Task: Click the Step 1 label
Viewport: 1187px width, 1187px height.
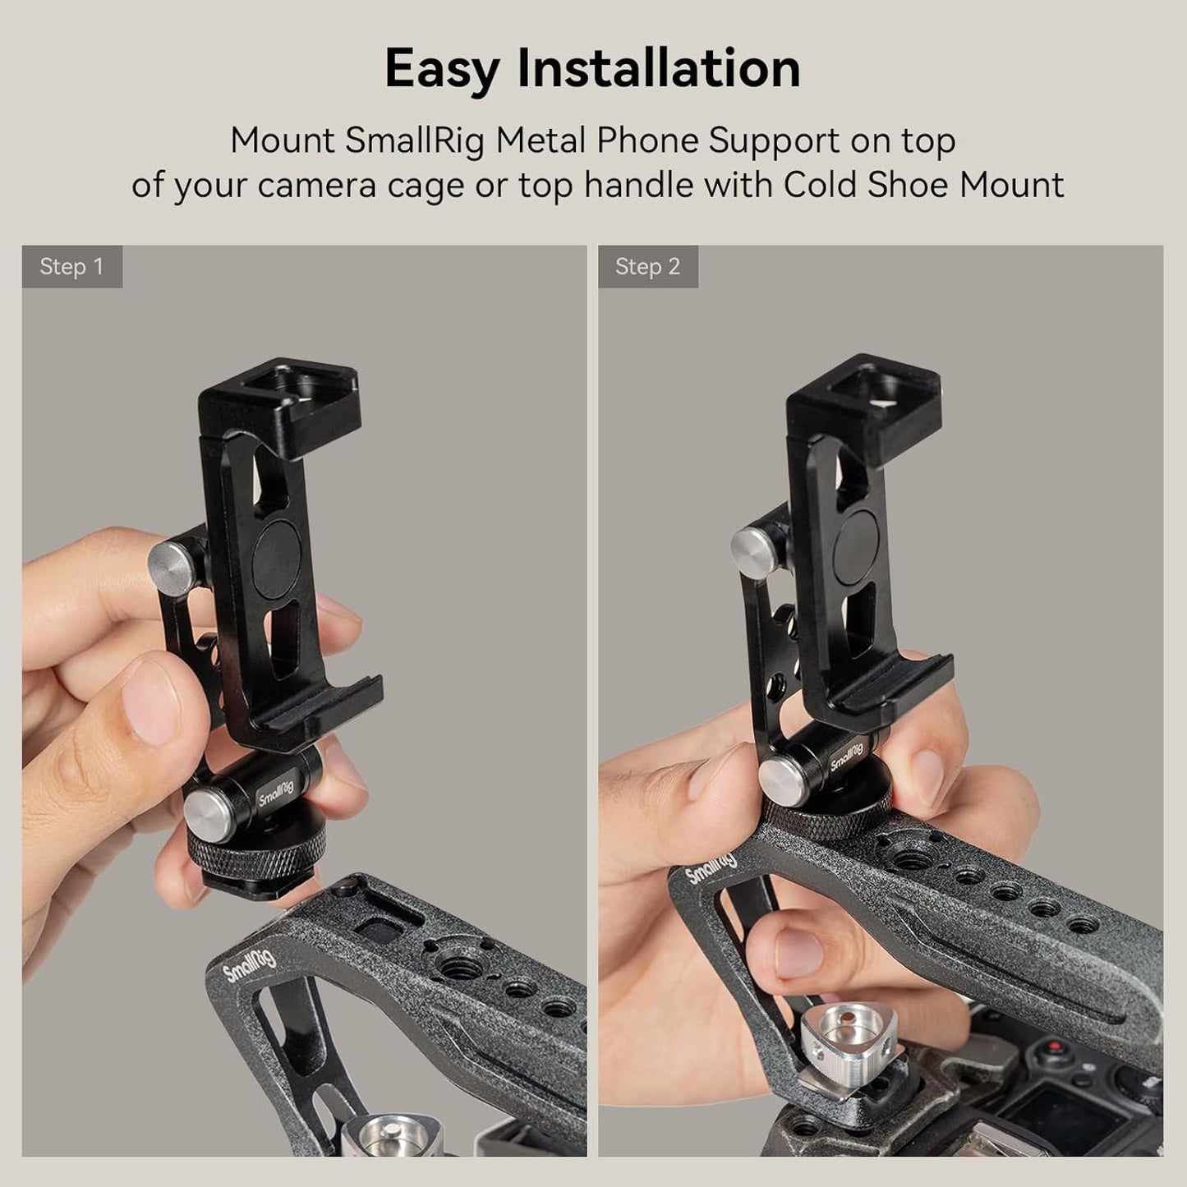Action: (71, 267)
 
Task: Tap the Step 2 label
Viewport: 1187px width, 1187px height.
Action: (647, 267)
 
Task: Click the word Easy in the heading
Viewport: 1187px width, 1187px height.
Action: (442, 69)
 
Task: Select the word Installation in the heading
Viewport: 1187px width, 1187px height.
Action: (658, 69)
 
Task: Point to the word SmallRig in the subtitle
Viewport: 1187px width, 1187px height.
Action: (415, 140)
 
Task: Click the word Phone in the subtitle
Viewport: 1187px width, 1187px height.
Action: (647, 140)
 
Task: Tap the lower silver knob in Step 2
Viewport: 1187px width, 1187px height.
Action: (781, 777)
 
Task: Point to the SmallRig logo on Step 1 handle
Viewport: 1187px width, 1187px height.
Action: (251, 962)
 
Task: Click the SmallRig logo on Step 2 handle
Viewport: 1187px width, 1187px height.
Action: (711, 869)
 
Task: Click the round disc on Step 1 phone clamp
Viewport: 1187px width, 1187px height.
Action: (276, 559)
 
